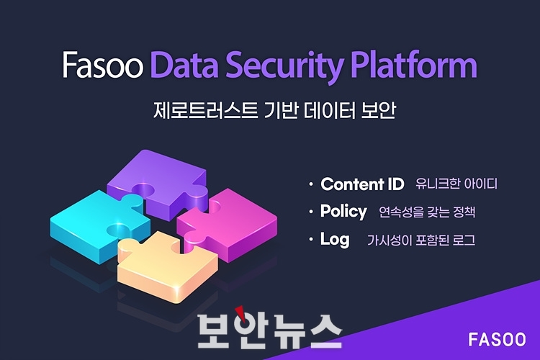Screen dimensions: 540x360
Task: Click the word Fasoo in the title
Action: pos(103,64)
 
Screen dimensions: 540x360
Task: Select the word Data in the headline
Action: pos(184,64)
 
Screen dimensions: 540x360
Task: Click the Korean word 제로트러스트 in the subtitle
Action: pos(206,110)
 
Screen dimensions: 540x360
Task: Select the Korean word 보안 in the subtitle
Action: pos(379,110)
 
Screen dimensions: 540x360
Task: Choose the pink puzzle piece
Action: pos(230,224)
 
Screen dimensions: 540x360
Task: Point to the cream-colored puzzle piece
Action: pos(166,265)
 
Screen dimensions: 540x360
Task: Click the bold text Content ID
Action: pos(362,184)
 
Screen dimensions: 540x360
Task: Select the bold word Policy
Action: pos(343,212)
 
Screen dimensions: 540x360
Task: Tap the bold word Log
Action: pos(335,240)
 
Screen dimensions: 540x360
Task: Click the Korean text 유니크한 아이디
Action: pos(456,184)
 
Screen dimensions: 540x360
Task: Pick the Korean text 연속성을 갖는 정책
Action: pos(427,212)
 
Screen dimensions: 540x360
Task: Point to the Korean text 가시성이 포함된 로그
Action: pos(421,240)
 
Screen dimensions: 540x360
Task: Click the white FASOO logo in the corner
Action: pos(497,340)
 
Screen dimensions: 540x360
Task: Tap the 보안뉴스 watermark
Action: pos(270,329)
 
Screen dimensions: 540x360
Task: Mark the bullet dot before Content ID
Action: pos(311,184)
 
